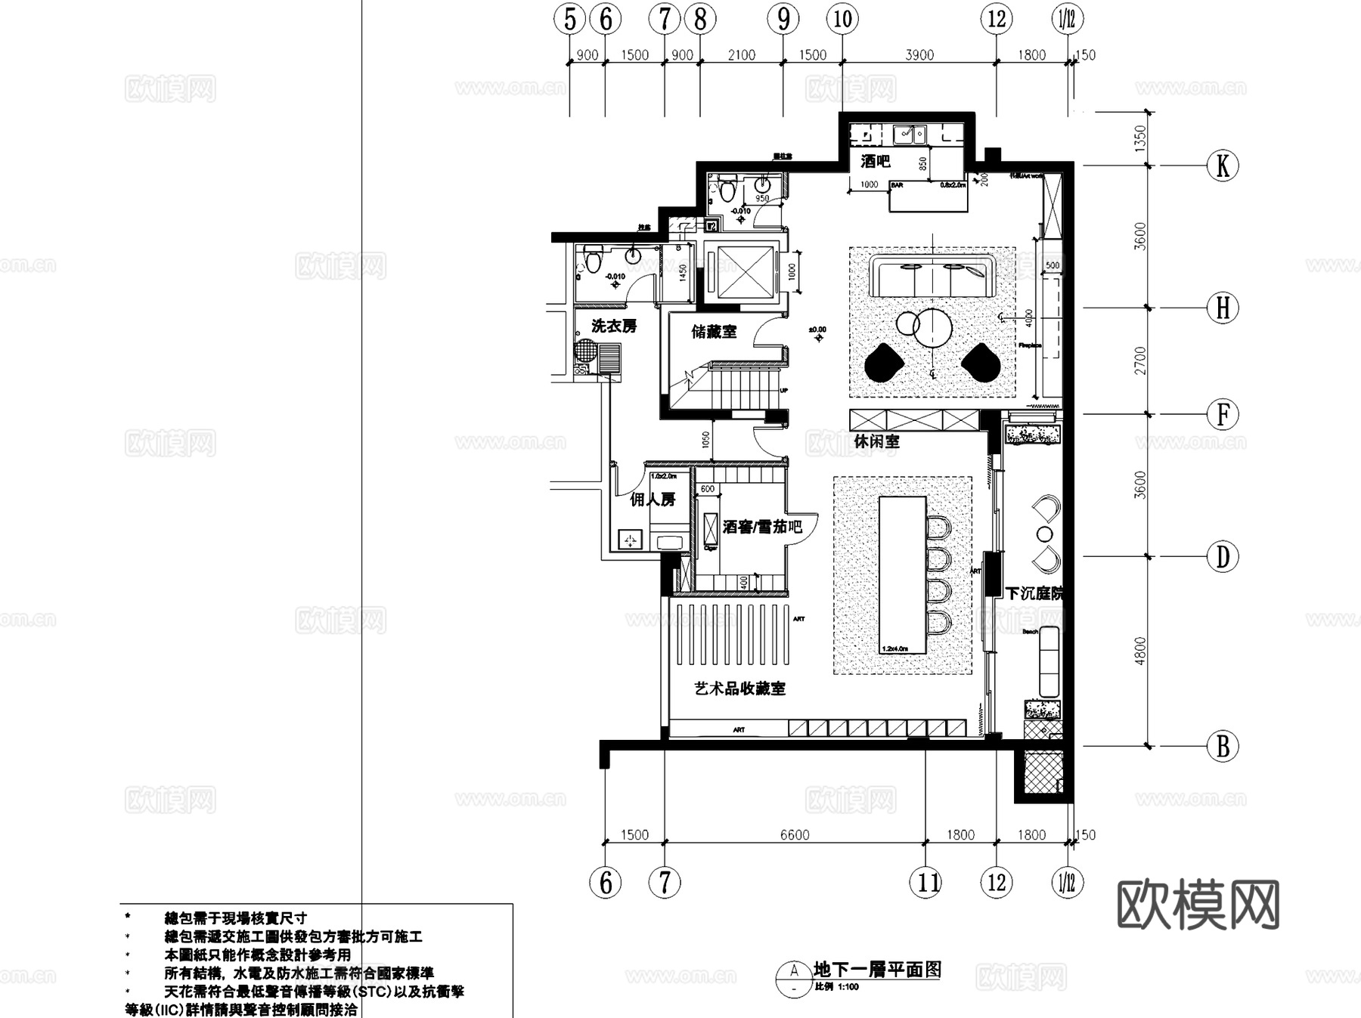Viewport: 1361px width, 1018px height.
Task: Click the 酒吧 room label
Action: tap(875, 161)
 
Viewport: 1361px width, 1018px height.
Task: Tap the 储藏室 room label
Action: tap(714, 332)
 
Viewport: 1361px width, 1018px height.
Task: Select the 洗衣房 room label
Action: tap(613, 326)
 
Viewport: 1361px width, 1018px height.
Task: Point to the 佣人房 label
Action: tap(653, 500)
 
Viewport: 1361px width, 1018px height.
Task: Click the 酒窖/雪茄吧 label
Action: tap(761, 527)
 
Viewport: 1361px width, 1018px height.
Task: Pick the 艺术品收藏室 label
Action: tap(739, 688)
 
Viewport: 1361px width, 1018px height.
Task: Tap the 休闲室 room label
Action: tap(876, 441)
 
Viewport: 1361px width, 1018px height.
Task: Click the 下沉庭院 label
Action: tap(1033, 593)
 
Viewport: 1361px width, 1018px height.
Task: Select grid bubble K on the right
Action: tap(1223, 166)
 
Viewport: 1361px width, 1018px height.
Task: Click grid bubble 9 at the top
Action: tap(783, 19)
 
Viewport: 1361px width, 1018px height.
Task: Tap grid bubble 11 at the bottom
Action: tap(928, 882)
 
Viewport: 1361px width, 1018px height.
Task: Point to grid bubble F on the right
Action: tap(1223, 414)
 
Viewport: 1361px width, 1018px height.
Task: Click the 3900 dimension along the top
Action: tap(919, 55)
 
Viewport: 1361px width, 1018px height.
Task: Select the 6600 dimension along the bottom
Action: tap(795, 835)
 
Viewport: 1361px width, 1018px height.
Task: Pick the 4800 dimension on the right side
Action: tap(1140, 651)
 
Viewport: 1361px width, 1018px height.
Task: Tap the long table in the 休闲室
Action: tap(903, 575)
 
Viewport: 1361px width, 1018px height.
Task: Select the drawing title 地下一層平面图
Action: tap(877, 970)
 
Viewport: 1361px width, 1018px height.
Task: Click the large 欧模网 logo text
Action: tap(1198, 905)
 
